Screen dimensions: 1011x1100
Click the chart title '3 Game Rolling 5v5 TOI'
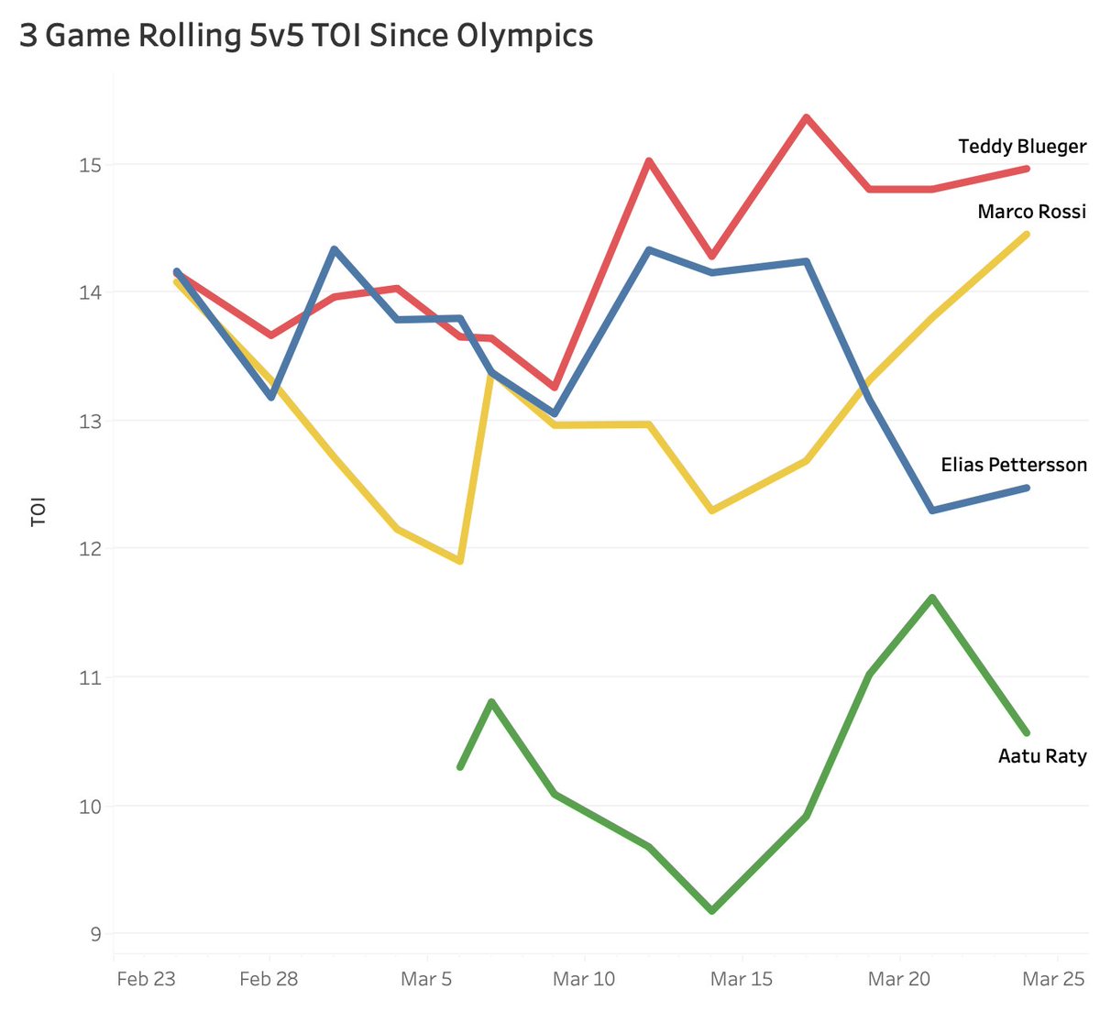(306, 36)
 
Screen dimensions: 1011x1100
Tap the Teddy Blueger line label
(1021, 147)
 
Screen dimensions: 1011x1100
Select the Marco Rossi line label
(1031, 212)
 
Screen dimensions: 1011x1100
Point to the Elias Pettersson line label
(1013, 465)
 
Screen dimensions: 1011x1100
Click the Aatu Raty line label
(1041, 756)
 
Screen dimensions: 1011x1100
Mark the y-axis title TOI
(38, 511)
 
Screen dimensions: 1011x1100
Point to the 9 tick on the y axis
(95, 935)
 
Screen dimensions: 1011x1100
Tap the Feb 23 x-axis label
(146, 979)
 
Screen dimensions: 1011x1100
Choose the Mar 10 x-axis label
(584, 979)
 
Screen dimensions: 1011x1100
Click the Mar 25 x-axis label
(1053, 979)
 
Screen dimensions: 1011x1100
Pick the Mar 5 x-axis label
(426, 979)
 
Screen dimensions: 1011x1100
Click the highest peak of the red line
(806, 117)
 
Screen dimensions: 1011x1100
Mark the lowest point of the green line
(711, 911)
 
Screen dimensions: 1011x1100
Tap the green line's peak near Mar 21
(932, 598)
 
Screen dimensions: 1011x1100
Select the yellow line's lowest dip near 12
(460, 561)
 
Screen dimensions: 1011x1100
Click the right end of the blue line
(1027, 488)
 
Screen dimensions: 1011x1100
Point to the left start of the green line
(460, 767)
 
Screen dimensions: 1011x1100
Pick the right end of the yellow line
(1027, 235)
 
